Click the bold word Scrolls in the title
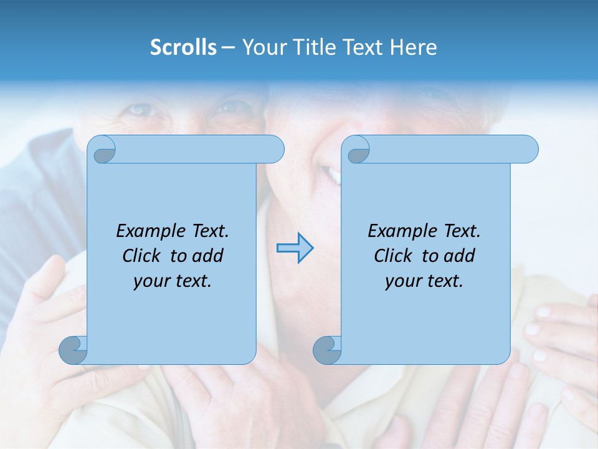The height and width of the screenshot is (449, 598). tap(183, 47)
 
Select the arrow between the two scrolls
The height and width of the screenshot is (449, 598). tap(295, 248)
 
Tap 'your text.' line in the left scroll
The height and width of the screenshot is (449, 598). tap(172, 281)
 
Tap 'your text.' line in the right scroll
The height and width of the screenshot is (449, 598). tap(424, 281)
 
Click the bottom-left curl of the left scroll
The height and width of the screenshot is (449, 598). tap(73, 350)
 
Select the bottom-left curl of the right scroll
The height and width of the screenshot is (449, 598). tap(327, 350)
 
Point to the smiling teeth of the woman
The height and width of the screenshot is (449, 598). tap(333, 175)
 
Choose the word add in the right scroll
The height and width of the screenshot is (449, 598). tap(460, 256)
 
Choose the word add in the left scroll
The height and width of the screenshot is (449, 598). tap(208, 256)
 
